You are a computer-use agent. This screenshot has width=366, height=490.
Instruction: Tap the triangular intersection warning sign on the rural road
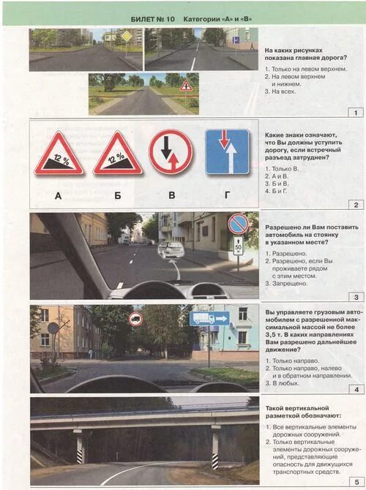click(x=186, y=86)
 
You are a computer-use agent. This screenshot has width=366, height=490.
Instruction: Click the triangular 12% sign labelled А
click(x=58, y=154)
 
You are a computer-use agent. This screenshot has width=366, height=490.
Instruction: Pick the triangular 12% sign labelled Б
click(x=117, y=154)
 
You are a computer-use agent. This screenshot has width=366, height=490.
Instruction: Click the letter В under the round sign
click(x=171, y=195)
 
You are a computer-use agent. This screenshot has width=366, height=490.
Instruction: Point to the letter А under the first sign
click(x=59, y=195)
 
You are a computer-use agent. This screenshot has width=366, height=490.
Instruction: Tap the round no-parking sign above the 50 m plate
click(x=238, y=225)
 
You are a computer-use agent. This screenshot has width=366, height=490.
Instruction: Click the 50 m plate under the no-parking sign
click(x=238, y=247)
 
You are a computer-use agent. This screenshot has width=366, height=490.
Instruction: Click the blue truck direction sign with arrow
click(x=209, y=318)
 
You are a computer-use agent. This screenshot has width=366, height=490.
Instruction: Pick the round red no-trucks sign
click(x=135, y=318)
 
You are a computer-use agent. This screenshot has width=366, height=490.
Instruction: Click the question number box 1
click(x=356, y=113)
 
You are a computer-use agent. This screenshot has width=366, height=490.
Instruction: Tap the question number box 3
click(x=356, y=297)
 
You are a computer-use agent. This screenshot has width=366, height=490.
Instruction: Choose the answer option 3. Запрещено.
click(x=289, y=282)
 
